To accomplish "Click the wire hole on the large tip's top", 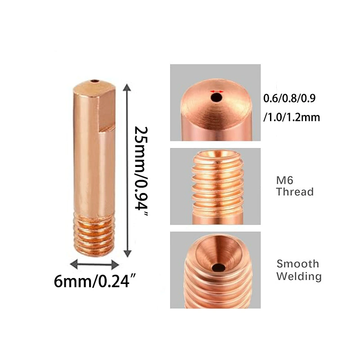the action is (94, 81).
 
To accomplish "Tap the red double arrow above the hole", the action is (217, 91).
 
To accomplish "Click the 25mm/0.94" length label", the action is (141, 171).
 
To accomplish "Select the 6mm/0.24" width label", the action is (95, 281).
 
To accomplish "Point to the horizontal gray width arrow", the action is (94, 265).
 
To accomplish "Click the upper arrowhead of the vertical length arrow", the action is (127, 87).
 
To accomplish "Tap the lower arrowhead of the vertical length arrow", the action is (127, 253).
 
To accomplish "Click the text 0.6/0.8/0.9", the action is (289, 98).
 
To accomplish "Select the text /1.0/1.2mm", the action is (292, 117).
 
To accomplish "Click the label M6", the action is (285, 180).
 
